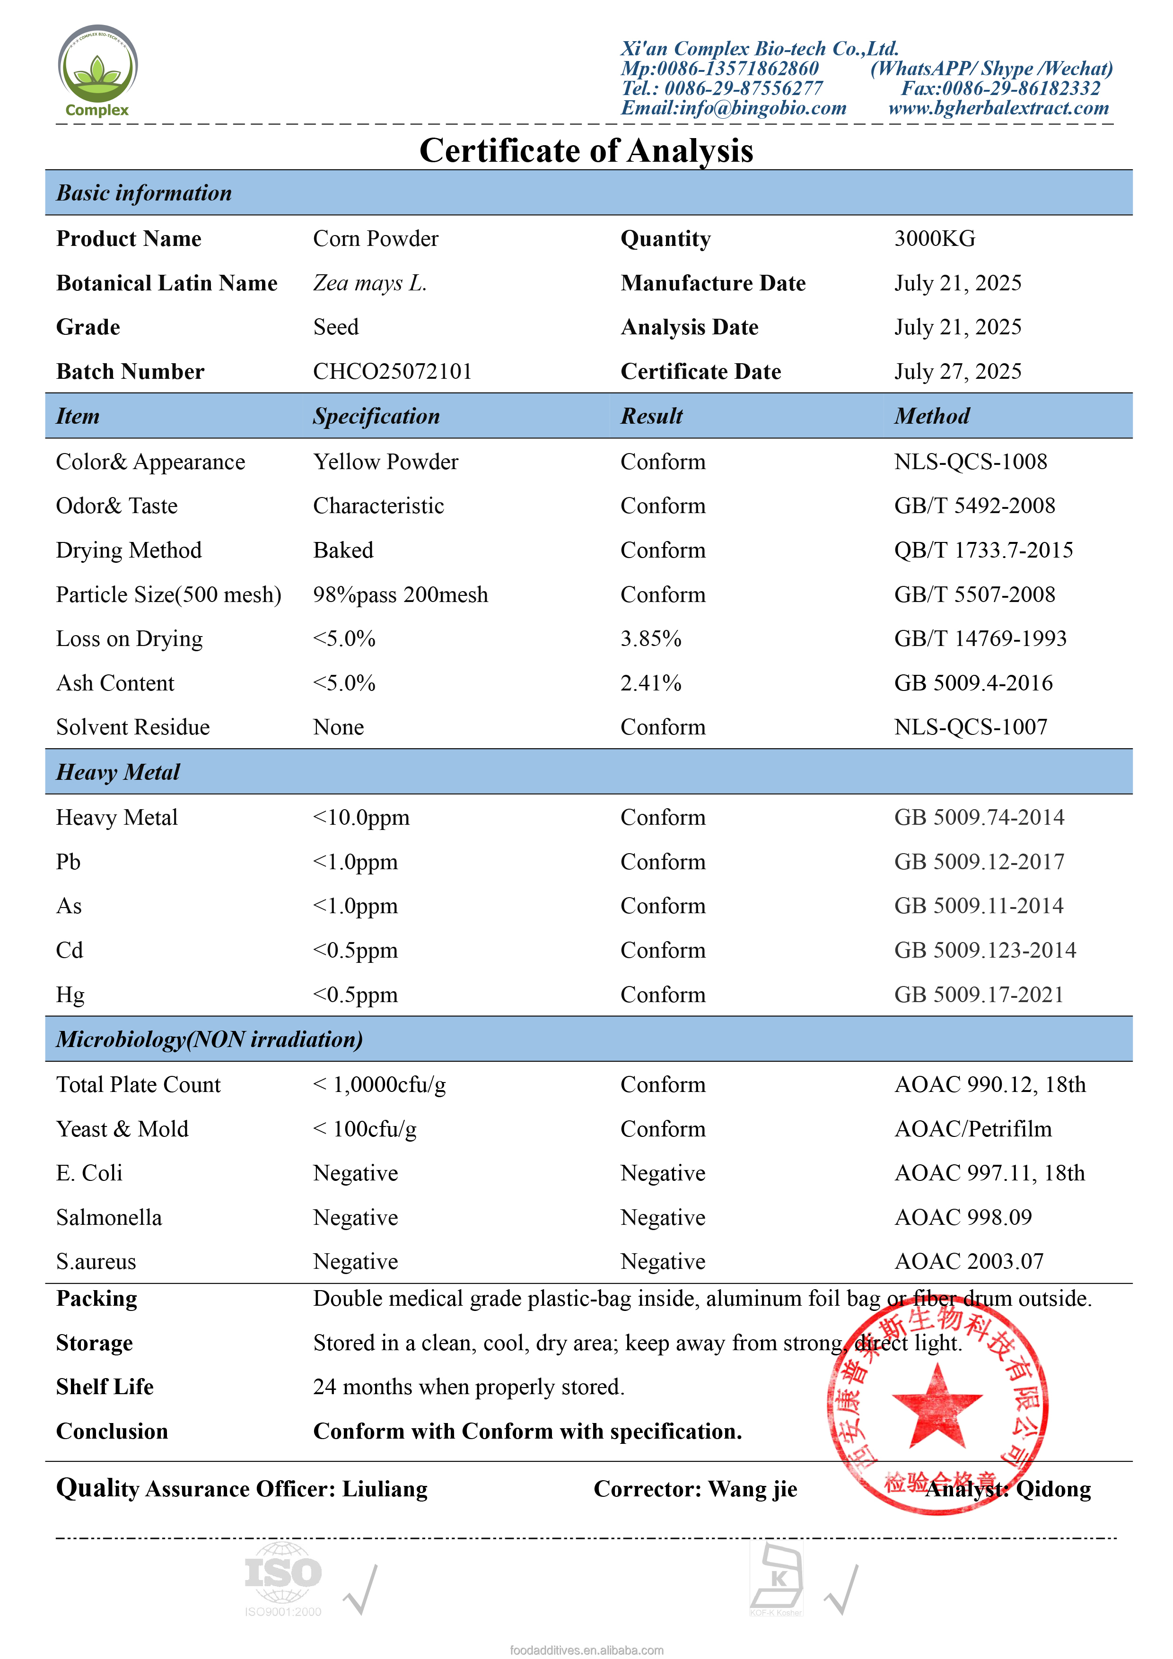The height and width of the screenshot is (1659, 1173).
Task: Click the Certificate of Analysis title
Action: (x=586, y=151)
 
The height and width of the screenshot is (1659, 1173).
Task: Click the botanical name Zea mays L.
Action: (x=369, y=283)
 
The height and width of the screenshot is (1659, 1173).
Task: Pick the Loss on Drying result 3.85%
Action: (x=650, y=639)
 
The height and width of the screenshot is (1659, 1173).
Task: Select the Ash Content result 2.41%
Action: (x=650, y=683)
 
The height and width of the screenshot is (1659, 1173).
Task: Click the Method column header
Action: (x=932, y=416)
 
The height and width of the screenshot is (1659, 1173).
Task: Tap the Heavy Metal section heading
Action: (x=118, y=772)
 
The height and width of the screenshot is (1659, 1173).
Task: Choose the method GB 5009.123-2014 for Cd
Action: (x=984, y=950)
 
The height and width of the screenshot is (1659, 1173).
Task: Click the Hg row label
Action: (x=70, y=995)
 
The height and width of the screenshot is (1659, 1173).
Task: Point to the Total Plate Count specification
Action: (x=379, y=1084)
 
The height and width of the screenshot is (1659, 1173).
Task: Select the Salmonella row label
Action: (x=109, y=1217)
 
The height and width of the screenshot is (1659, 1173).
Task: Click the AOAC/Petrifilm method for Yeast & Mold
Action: (x=973, y=1129)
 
